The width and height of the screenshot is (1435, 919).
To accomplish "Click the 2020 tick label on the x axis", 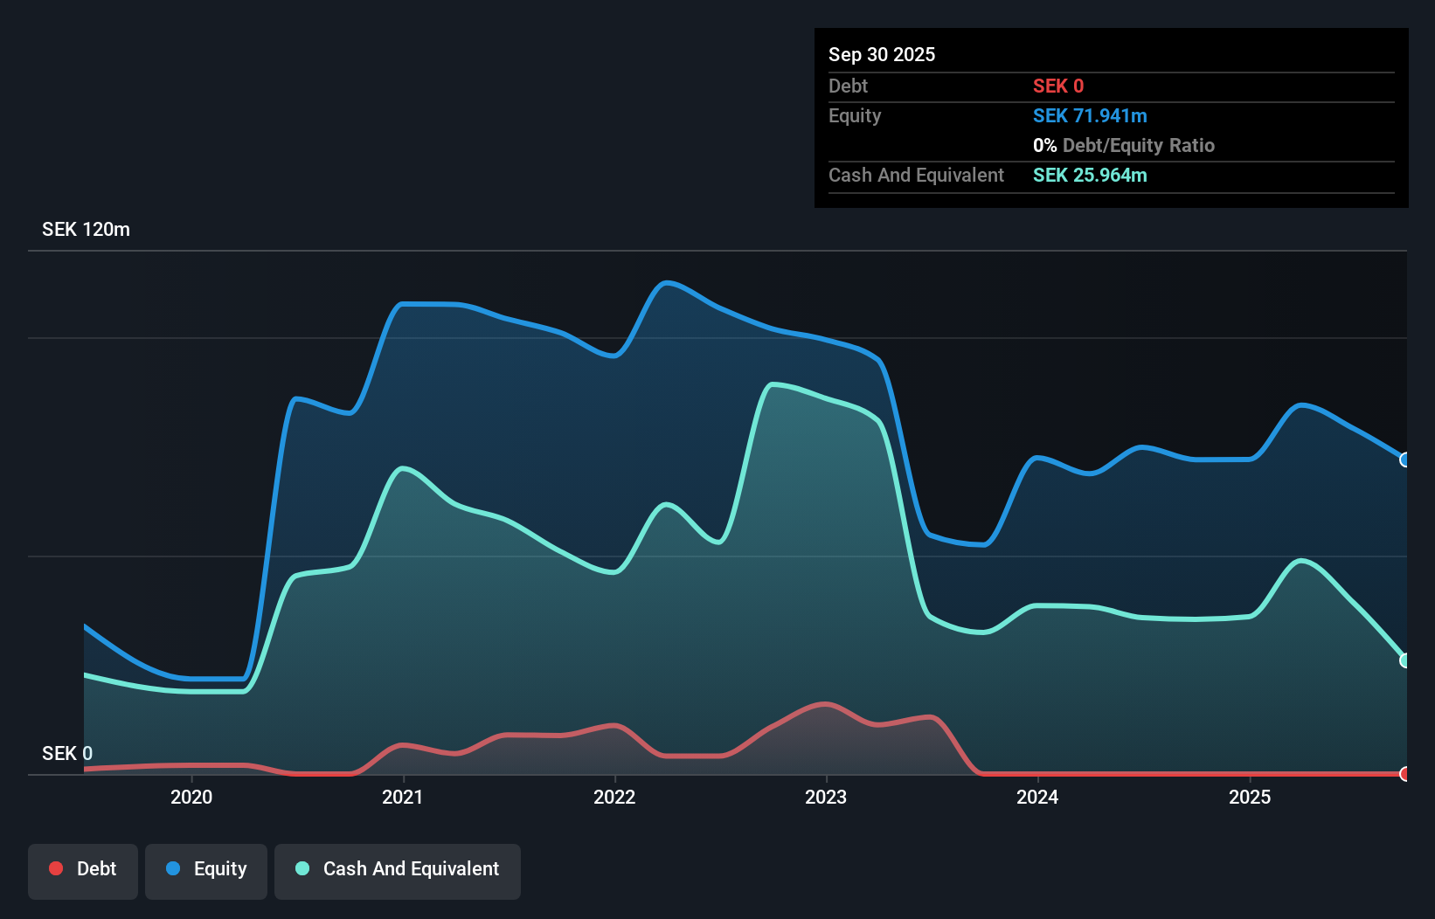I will [191, 797].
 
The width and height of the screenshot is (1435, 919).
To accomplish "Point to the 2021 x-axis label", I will [403, 797].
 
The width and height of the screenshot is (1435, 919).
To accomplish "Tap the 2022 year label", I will [614, 797].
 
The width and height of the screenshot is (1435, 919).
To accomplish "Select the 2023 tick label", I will [826, 797].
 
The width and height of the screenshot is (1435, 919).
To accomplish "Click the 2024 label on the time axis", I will [1037, 797].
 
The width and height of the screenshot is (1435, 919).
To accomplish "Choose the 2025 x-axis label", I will [1250, 797].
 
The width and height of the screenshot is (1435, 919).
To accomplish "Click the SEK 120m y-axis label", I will [86, 230].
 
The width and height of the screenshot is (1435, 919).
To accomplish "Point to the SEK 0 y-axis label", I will [67, 753].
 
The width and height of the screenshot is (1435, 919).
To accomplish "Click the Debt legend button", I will [83, 869].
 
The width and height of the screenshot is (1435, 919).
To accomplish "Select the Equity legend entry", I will [206, 869].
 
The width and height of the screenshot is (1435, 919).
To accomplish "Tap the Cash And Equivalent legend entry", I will [398, 869].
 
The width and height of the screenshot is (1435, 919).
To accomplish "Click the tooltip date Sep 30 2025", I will [882, 55].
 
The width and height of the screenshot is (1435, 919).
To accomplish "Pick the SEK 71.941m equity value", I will [1090, 116].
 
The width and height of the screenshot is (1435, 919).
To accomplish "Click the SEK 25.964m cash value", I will [1090, 176].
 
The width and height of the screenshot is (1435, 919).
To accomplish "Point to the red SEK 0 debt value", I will [1057, 86].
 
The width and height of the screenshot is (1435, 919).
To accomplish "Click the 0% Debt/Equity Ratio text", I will [1124, 146].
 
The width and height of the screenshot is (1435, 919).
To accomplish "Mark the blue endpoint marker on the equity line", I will [1404, 459].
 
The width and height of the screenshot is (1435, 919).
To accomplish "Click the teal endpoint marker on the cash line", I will [1404, 660].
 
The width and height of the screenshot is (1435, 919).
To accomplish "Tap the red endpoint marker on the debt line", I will [1404, 774].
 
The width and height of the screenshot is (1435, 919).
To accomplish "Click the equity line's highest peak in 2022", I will [667, 282].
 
